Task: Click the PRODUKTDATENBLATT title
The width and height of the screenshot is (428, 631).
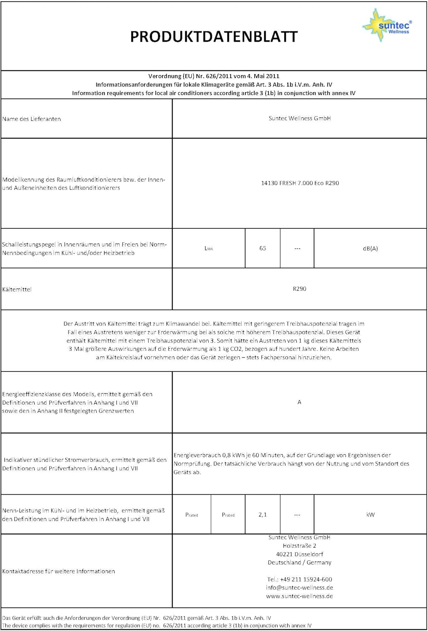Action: pos(214,37)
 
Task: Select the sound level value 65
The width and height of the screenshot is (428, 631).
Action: pos(263,248)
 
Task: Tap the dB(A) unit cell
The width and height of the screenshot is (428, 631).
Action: pos(370,249)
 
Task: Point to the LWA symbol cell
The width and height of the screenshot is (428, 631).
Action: pos(209,248)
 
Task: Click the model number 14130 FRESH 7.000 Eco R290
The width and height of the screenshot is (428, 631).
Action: pos(300,183)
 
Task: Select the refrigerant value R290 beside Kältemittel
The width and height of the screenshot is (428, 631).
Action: pos(300,289)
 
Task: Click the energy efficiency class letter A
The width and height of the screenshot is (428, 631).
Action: pos(299,402)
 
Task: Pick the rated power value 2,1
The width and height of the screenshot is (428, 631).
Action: pos(263,514)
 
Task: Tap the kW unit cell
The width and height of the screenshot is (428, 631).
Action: pos(370,514)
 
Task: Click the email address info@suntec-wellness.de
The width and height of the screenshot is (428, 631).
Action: pos(299,588)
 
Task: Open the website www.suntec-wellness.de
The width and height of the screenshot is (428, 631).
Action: pos(299,596)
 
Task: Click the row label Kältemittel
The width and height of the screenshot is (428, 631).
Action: pos(17,289)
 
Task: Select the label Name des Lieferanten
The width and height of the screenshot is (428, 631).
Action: pos(32,119)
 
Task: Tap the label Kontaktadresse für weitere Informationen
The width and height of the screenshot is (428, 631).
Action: pos(58,571)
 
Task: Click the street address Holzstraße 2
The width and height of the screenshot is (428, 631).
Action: pos(299,546)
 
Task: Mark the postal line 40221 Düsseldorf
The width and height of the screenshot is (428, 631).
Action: pos(299,554)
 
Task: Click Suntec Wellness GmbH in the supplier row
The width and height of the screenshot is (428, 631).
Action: pos(300,118)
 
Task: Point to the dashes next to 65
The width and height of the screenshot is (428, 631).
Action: pos(297,249)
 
